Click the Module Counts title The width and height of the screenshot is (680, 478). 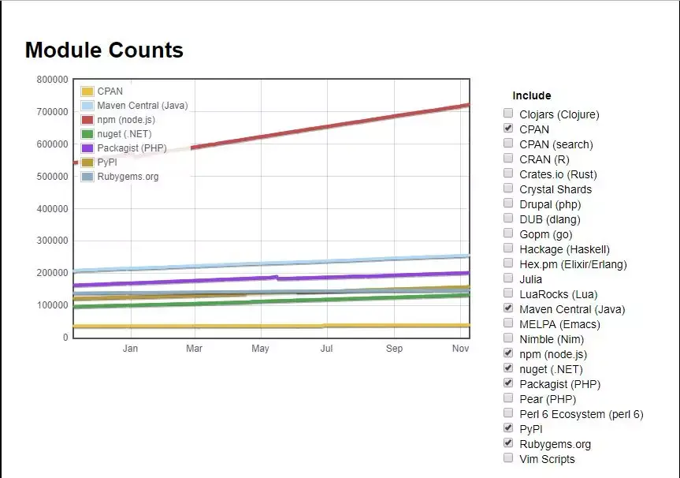click(x=104, y=50)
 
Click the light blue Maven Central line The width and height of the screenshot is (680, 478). click(x=331, y=261)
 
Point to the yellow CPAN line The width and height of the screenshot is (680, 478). click(x=236, y=326)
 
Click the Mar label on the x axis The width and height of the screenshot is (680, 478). click(x=195, y=349)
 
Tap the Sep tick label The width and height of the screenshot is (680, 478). click(x=395, y=349)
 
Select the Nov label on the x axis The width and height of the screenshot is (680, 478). click(x=461, y=349)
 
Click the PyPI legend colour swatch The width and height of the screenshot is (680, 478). click(x=87, y=162)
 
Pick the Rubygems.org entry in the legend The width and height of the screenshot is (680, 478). click(x=128, y=177)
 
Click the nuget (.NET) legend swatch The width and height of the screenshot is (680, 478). click(x=87, y=134)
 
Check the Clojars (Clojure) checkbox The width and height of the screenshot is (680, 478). click(x=508, y=114)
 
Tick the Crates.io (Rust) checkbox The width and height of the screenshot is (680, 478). click(x=508, y=174)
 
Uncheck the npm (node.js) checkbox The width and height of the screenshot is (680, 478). click(x=508, y=353)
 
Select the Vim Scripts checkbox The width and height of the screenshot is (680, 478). click(x=508, y=458)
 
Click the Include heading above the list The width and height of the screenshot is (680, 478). click(x=532, y=95)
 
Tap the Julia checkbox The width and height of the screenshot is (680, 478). click(x=508, y=278)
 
